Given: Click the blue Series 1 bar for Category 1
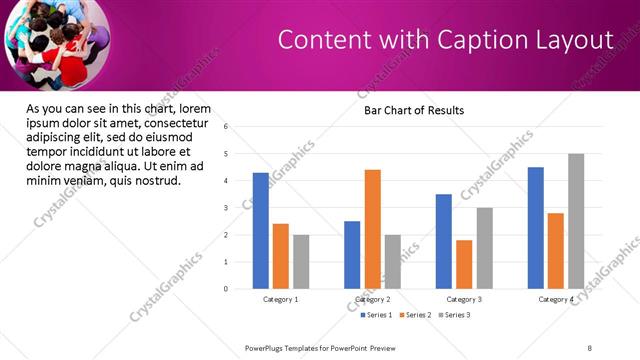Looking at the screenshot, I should (x=261, y=231).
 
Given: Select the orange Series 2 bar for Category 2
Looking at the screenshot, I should (x=372, y=229).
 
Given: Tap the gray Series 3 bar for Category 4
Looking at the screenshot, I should (x=576, y=221).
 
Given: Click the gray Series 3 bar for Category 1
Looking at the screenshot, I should (x=301, y=262).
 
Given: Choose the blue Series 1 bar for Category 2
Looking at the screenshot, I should (x=352, y=255).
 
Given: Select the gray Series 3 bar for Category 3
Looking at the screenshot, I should (x=484, y=248).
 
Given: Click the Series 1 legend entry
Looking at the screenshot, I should (x=376, y=315).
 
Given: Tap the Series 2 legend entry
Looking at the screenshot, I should (x=415, y=315).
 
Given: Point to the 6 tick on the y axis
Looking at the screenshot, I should (x=226, y=127).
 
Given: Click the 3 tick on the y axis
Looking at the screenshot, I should (x=226, y=208).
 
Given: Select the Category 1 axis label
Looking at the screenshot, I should (x=281, y=299).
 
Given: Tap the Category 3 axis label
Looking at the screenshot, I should (x=464, y=299).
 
